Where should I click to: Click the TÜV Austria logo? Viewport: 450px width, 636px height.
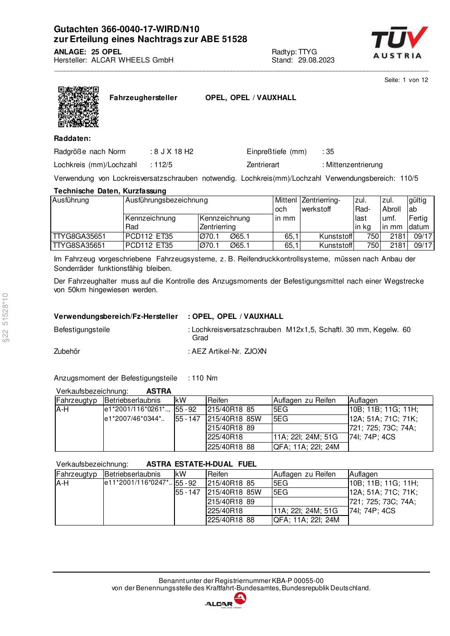pyautogui.click(x=399, y=43)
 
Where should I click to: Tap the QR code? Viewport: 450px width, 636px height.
pyautogui.click(x=78, y=106)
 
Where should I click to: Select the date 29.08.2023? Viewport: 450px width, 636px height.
pyautogui.click(x=316, y=60)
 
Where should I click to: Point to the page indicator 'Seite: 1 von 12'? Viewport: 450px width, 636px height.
pyautogui.click(x=406, y=80)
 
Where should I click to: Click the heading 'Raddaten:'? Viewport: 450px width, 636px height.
pyautogui.click(x=72, y=139)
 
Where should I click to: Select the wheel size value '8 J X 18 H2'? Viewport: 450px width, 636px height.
pyautogui.click(x=174, y=152)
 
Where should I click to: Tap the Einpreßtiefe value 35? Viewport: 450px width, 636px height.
pyautogui.click(x=330, y=152)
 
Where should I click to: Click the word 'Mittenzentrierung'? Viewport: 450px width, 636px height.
pyautogui.click(x=354, y=165)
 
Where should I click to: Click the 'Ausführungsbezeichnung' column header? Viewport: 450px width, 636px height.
pyautogui.click(x=166, y=200)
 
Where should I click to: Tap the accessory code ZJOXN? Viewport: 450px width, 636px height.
pyautogui.click(x=255, y=352)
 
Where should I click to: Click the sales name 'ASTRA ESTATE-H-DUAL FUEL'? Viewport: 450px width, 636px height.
pyautogui.click(x=201, y=464)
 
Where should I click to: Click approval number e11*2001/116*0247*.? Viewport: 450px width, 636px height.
pyautogui.click(x=138, y=483)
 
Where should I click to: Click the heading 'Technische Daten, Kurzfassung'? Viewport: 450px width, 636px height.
pyautogui.click(x=110, y=191)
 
